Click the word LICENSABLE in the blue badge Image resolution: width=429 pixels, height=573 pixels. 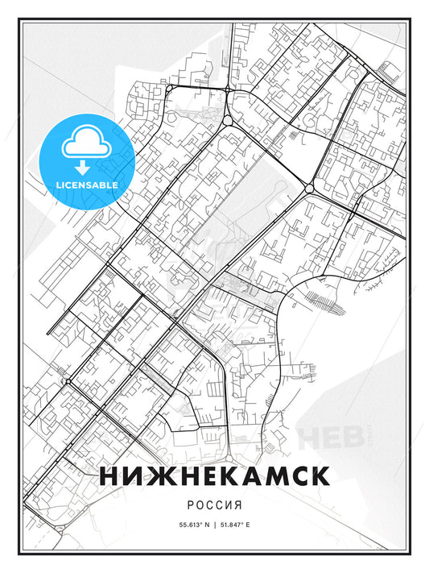tap(86, 185)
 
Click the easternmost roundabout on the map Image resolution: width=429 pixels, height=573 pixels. tap(309, 188)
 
